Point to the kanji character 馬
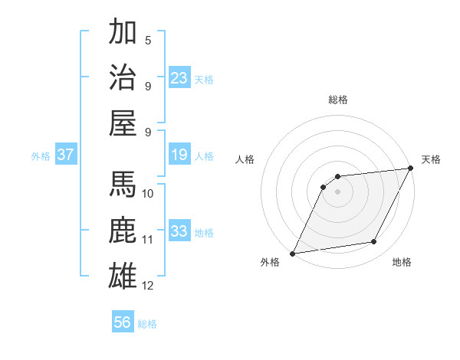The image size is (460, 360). [123, 185]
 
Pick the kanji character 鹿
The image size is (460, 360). [123, 230]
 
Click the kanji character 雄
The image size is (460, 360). [123, 274]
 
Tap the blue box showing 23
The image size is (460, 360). [179, 77]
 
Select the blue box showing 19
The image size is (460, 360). [179, 155]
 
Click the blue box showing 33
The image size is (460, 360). [179, 231]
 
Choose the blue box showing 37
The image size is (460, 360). [66, 155]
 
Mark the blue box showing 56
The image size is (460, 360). [123, 322]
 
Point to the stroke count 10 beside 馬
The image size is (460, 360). [148, 193]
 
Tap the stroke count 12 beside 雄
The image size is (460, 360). [148, 285]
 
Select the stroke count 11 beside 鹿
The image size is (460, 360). [148, 239]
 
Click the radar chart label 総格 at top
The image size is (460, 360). [337, 100]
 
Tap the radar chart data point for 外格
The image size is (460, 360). [292, 253]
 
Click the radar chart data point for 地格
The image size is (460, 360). [374, 242]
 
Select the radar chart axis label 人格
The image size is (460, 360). [245, 160]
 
